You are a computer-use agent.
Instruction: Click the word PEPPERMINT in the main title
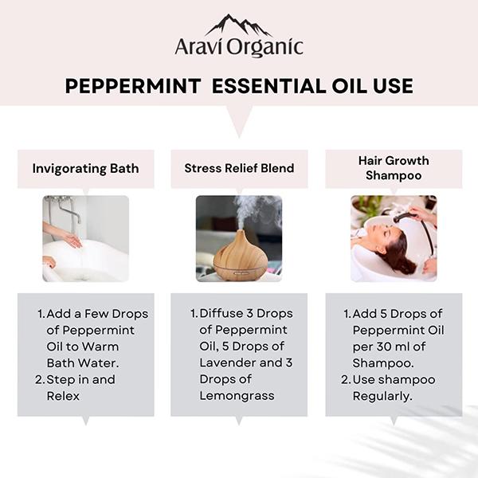(133, 86)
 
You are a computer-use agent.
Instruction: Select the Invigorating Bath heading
(85, 169)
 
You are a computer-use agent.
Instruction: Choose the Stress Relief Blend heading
(239, 168)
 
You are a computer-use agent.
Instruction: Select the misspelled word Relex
(63, 396)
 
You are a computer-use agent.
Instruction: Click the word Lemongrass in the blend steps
(237, 396)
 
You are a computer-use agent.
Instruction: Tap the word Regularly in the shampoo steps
(382, 396)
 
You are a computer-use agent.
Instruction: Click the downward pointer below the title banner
(239, 121)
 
